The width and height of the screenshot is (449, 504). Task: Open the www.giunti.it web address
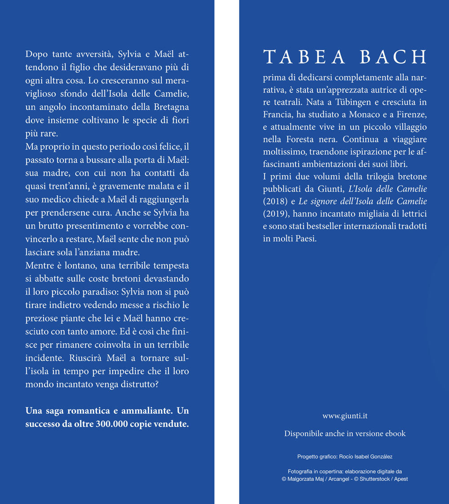click(x=345, y=416)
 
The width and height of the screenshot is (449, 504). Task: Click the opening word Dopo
click(x=36, y=55)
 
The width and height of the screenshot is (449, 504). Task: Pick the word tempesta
click(x=170, y=266)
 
